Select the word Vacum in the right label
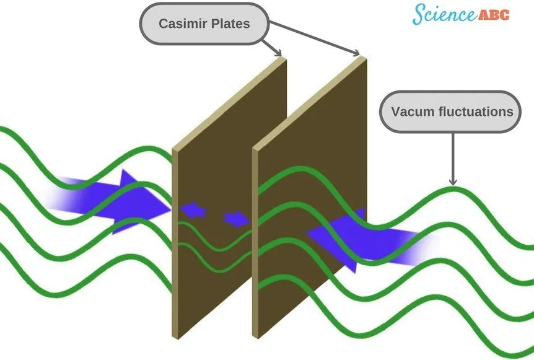click(412, 112)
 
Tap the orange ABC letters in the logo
click(494, 14)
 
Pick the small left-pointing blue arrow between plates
click(193, 211)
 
